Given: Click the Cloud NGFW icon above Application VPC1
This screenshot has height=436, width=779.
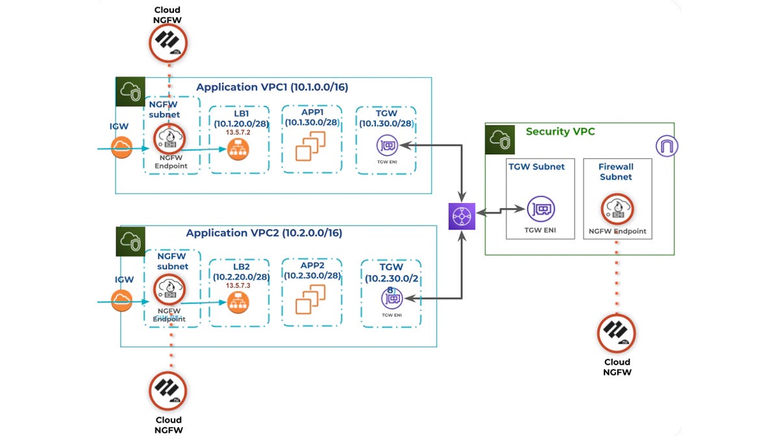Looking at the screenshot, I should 169,43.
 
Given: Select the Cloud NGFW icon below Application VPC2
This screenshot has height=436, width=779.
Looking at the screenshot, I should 169,389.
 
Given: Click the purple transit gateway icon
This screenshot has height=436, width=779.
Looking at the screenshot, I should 462,216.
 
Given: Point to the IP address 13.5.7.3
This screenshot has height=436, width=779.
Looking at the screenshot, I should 238,285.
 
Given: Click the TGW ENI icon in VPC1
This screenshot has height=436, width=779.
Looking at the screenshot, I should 388,145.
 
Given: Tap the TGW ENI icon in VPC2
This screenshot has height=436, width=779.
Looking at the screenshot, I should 392,298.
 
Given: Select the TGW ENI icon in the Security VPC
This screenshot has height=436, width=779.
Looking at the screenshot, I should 540,210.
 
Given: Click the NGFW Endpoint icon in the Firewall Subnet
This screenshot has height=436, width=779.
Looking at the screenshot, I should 616,209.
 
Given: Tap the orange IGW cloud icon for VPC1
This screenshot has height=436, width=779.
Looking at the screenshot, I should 121,148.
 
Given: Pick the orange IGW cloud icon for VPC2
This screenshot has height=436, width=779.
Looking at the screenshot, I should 121,300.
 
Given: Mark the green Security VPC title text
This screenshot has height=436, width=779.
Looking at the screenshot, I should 560,132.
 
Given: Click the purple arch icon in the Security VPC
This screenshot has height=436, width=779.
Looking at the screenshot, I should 667,146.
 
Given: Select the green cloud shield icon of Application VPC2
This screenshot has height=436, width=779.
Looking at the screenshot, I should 130,241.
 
